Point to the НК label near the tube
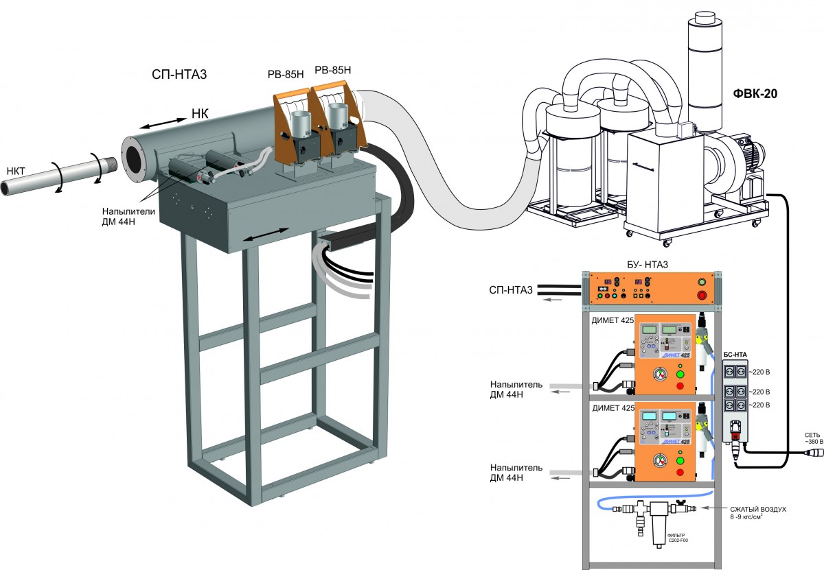pos(199,115)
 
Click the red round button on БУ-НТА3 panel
pos(701,295)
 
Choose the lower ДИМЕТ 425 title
pos(607,407)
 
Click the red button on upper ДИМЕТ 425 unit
pos(680,386)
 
